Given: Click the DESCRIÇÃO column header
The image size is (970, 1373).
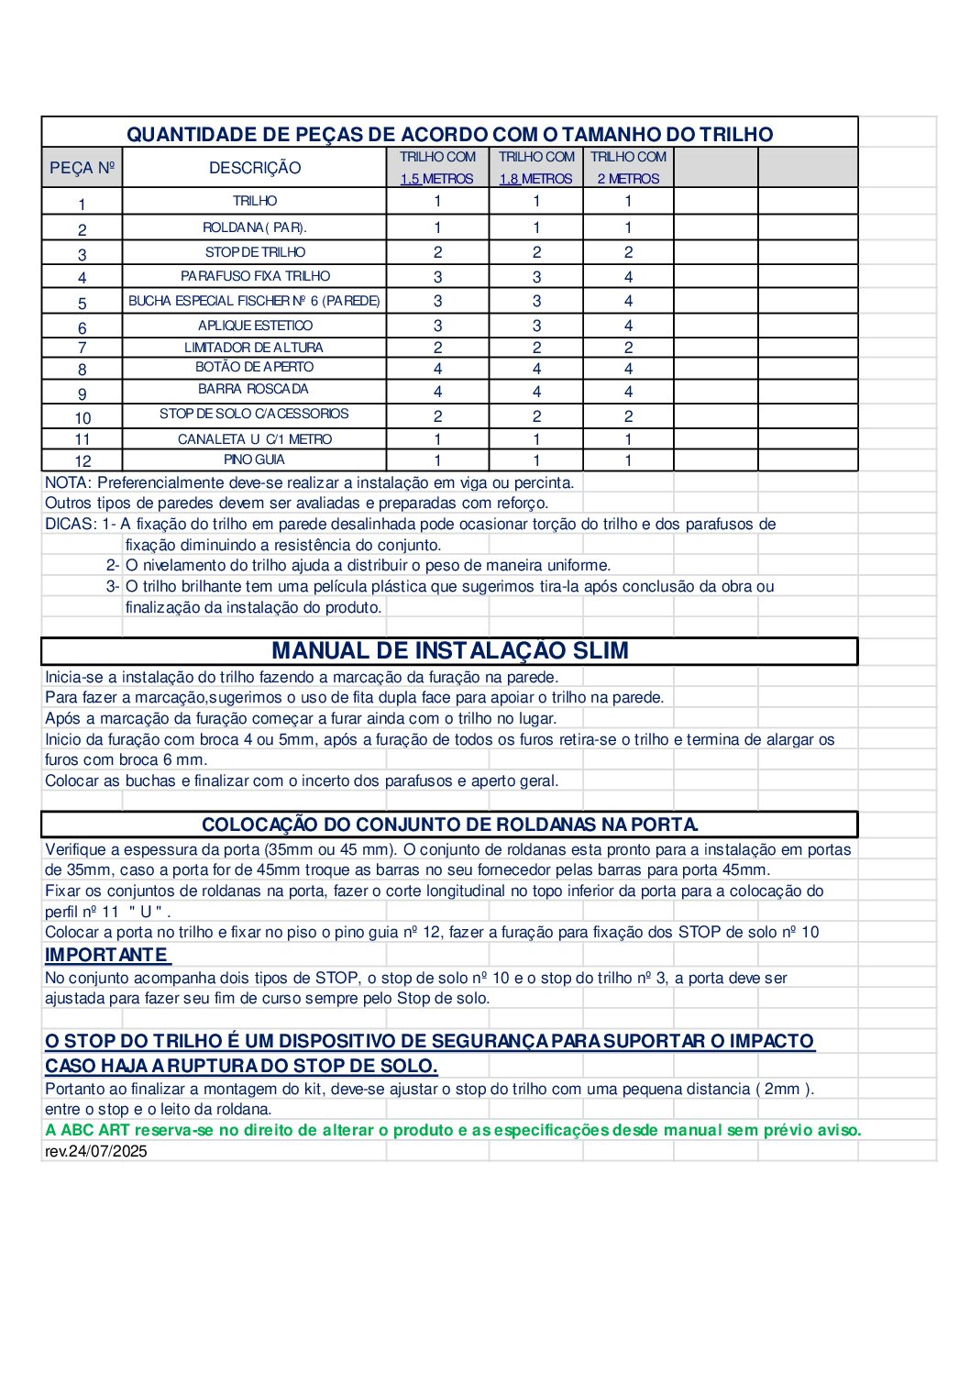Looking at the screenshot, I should pos(255,168).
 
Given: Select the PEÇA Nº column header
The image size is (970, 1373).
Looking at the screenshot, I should pos(83,168).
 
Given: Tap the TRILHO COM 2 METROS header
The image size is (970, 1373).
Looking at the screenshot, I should pos(628,168).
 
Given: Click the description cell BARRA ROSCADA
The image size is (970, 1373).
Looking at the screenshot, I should pos(254,389).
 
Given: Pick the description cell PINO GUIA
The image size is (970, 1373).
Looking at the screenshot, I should pos(254,460).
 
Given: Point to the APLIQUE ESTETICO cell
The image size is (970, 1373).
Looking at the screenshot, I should pos(255,326).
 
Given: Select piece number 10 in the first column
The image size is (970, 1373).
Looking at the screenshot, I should pos(83,417).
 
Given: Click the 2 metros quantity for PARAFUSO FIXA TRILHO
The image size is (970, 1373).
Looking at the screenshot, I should pos(628,277).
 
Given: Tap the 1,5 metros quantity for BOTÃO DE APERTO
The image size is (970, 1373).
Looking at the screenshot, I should pos(437,369).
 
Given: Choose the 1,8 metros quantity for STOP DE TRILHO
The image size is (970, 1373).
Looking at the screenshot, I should pos(536,252).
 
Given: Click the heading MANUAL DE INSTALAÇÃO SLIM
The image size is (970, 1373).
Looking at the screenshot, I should pos(450,651).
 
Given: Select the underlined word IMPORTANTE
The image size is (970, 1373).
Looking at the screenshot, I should pos(107,955).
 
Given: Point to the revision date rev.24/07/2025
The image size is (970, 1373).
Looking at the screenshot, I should pos(96,1151).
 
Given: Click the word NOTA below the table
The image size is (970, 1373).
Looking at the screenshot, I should pos(67,482).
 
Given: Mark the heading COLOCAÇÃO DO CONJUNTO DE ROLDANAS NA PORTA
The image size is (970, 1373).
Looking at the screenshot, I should pos(450,825).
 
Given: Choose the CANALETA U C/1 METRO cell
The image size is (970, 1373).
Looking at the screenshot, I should pos(255,439).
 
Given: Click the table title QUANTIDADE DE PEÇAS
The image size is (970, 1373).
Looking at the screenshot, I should pos(449,134).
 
